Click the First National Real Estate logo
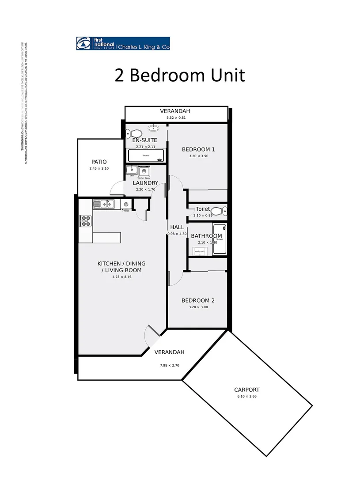(123, 44)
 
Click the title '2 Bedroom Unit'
(179, 75)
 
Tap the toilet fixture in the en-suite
(134, 132)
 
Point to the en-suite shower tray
(145, 156)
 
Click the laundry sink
(132, 170)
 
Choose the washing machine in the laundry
(144, 172)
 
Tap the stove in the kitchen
(85, 221)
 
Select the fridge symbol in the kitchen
(126, 204)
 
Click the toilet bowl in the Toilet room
(217, 210)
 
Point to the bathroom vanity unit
(200, 251)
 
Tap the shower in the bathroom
(219, 239)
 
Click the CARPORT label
(246, 390)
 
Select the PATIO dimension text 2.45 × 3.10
(99, 169)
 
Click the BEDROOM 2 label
(198, 301)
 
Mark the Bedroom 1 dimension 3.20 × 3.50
(198, 156)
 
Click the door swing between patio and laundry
(117, 189)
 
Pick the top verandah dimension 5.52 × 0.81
(176, 118)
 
